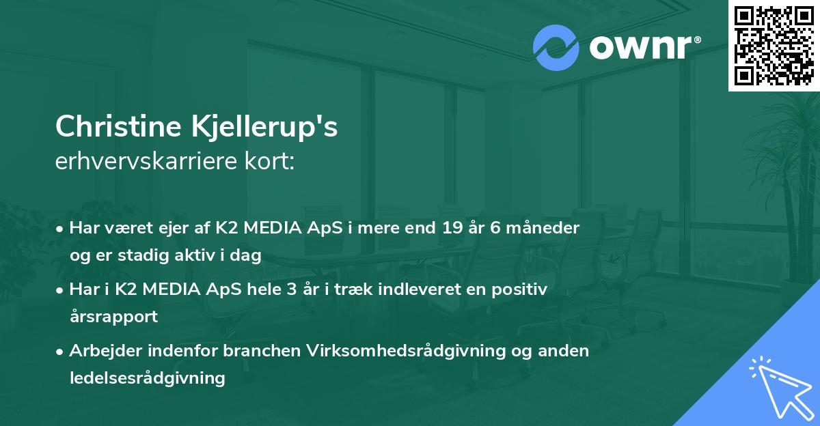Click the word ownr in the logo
(x=640, y=48)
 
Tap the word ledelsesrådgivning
(x=147, y=378)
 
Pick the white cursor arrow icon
(x=777, y=386)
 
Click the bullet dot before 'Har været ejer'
(x=61, y=229)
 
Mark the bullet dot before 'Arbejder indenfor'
(x=61, y=352)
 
